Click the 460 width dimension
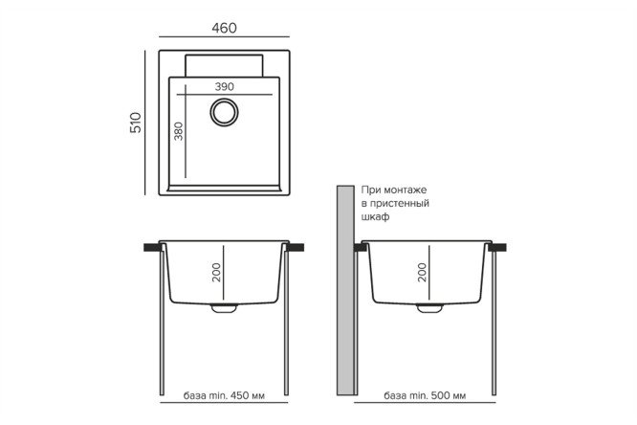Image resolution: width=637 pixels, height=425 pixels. [224, 28]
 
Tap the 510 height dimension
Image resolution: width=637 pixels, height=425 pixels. [135, 123]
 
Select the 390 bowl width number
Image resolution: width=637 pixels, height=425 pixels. [224, 86]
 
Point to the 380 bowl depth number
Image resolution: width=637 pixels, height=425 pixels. [178, 131]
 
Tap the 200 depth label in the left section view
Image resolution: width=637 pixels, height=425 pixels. [216, 273]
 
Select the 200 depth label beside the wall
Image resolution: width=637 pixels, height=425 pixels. [422, 273]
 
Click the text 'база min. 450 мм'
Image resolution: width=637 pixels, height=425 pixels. [224, 395]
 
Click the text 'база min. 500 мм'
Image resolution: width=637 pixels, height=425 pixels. [425, 395]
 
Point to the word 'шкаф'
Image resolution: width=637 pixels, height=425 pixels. [375, 216]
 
